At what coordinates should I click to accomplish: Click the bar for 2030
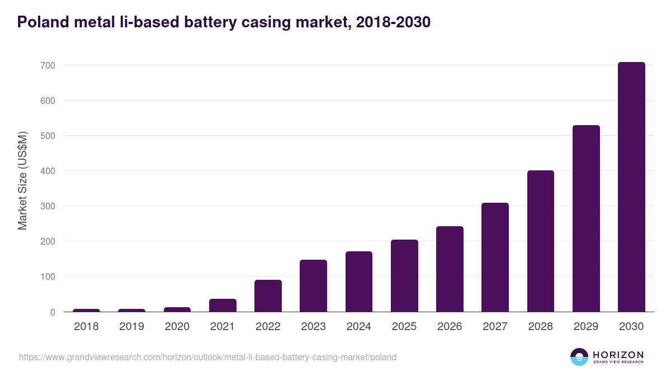pyautogui.click(x=631, y=187)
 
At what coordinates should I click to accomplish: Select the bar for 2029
pyautogui.click(x=586, y=218)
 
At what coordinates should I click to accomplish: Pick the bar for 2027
pyautogui.click(x=495, y=257)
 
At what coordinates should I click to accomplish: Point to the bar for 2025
pyautogui.click(x=404, y=276)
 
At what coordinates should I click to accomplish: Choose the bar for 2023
pyautogui.click(x=313, y=286)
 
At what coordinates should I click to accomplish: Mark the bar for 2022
pyautogui.click(x=268, y=296)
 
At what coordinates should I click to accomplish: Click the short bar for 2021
pyautogui.click(x=223, y=306)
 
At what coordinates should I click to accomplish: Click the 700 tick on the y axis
pyautogui.click(x=48, y=65)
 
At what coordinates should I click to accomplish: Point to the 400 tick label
pyautogui.click(x=48, y=171)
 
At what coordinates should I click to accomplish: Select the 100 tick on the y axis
pyautogui.click(x=48, y=276)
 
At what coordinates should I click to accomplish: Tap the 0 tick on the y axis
pyautogui.click(x=53, y=312)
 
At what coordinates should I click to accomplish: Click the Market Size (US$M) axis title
pyautogui.click(x=22, y=180)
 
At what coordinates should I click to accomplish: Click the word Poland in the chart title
pyautogui.click(x=44, y=22)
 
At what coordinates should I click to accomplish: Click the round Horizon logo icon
pyautogui.click(x=579, y=357)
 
